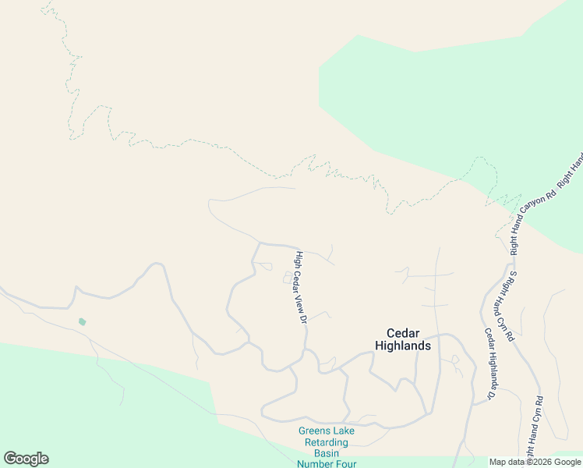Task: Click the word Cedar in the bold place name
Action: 401,331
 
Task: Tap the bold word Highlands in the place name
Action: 402,345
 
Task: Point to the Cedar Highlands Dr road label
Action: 490,364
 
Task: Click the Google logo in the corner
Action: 26,459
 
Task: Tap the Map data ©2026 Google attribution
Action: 535,462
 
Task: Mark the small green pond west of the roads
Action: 82,321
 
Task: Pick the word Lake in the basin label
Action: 344,431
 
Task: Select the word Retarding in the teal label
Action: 326,442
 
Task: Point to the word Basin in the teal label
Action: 326,453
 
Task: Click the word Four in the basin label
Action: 345,463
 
